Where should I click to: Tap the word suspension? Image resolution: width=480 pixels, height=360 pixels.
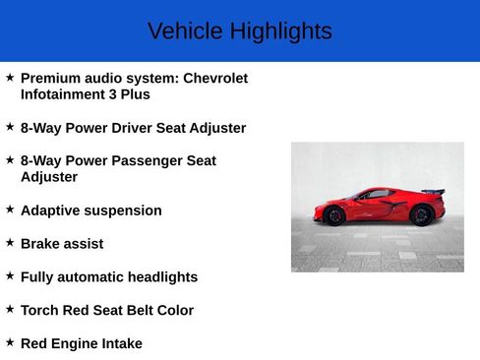[125, 210]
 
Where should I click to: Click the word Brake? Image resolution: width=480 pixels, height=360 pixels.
[42, 244]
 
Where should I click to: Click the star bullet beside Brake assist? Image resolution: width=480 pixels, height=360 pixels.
[10, 242]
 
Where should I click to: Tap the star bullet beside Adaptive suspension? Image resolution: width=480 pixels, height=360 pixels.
[10, 209]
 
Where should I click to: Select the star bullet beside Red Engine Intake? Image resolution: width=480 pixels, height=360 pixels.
[10, 341]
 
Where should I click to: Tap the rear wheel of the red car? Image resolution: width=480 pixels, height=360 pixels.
[421, 214]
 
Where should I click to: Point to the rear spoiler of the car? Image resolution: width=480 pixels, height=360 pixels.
[433, 192]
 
